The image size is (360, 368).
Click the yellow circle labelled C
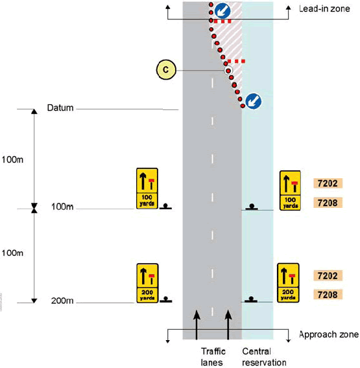point(166,69)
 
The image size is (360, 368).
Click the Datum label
point(61,108)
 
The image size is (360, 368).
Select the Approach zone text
point(328,335)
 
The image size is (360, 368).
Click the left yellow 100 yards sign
point(147,189)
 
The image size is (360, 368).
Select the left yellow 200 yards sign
point(147,282)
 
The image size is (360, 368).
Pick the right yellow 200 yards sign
point(288,282)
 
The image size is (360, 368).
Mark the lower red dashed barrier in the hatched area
point(237,62)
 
